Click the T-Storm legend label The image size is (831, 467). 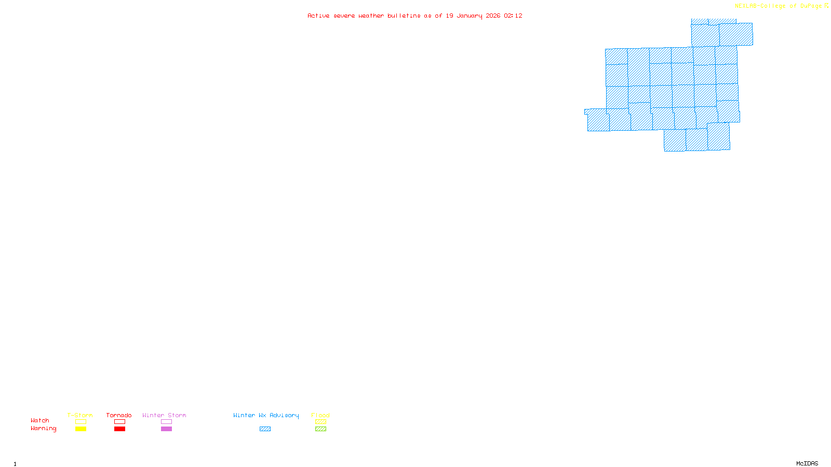[x=80, y=415]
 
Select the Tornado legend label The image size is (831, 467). [x=119, y=415]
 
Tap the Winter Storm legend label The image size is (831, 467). [x=164, y=415]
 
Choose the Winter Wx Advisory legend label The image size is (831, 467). [x=266, y=415]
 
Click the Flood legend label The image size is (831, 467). [x=320, y=415]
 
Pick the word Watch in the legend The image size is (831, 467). [x=40, y=420]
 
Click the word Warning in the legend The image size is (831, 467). [x=44, y=429]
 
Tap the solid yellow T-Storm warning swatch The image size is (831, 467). [x=81, y=429]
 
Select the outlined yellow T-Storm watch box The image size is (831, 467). [x=81, y=422]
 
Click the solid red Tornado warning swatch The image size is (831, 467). [x=120, y=429]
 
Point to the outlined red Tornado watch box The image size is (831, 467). [x=120, y=422]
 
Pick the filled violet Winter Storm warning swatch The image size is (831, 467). [x=166, y=429]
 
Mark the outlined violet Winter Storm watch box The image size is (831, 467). [x=166, y=422]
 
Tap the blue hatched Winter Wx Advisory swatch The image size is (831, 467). [x=265, y=429]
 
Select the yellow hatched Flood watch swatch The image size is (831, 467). [x=320, y=422]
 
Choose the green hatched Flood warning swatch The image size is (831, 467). [x=320, y=429]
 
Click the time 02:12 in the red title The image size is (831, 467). [x=513, y=16]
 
